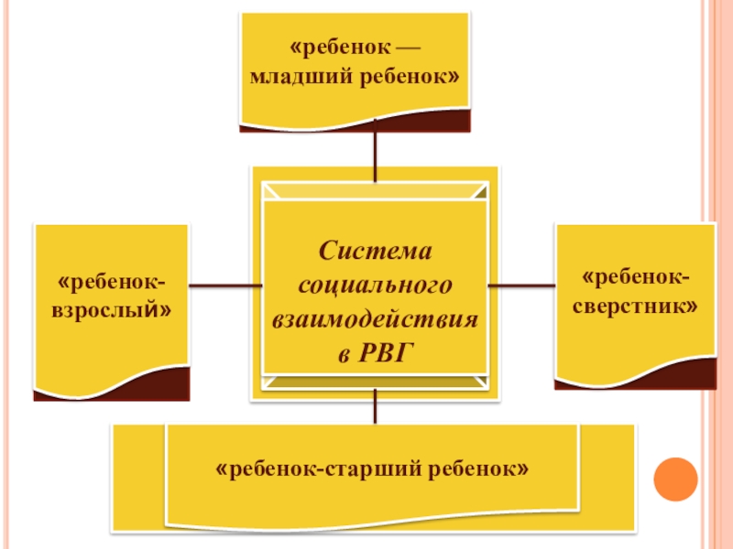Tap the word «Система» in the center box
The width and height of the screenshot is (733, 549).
tap(376, 250)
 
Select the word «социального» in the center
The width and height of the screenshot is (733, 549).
tap(376, 285)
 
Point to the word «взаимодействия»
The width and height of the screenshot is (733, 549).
tap(376, 318)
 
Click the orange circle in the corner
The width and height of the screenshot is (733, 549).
tap(676, 479)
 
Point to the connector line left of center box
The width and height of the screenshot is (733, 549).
tap(220, 285)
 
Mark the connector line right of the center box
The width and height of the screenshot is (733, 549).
tap(522, 285)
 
